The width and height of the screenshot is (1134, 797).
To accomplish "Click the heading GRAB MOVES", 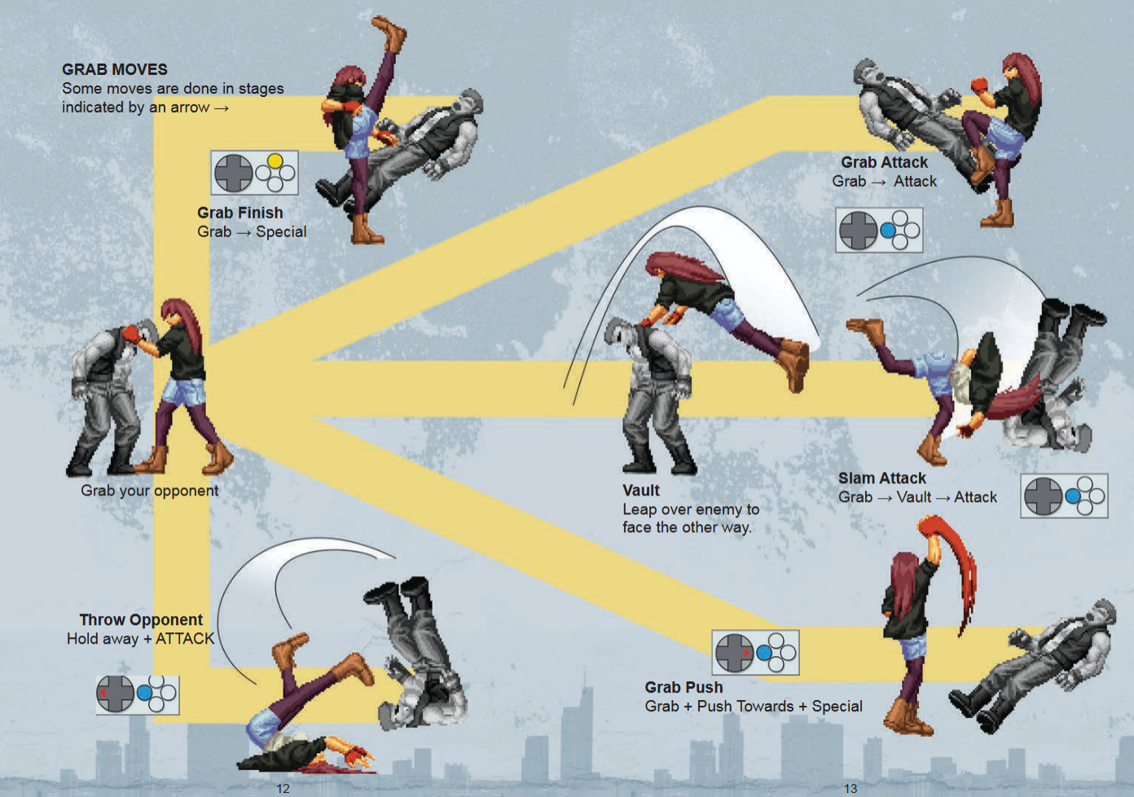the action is pyautogui.click(x=114, y=69).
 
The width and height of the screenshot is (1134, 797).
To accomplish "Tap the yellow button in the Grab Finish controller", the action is pyautogui.click(x=275, y=161).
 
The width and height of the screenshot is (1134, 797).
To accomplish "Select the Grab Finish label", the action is pyautogui.click(x=240, y=213).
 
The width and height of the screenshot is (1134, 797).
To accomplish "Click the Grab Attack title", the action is pyautogui.click(x=885, y=162).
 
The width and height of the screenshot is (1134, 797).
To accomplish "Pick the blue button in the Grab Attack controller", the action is pyautogui.click(x=888, y=231).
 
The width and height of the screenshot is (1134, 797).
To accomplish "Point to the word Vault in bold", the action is pyautogui.click(x=641, y=490).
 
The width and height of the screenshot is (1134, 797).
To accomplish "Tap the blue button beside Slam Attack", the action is pyautogui.click(x=1073, y=495).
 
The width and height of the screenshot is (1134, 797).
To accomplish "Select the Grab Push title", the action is pyautogui.click(x=683, y=687).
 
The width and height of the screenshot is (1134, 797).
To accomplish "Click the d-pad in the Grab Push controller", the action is pyautogui.click(x=735, y=653).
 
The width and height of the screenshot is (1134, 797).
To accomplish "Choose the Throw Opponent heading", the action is pyautogui.click(x=141, y=620).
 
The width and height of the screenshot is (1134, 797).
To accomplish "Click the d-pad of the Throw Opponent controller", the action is pyautogui.click(x=116, y=694).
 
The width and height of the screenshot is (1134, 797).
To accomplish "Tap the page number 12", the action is pyautogui.click(x=283, y=788).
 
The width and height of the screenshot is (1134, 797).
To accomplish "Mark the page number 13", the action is pyautogui.click(x=850, y=788).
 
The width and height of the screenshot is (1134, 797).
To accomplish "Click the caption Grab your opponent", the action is pyautogui.click(x=149, y=491).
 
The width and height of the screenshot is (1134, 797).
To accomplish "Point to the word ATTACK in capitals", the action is pyautogui.click(x=185, y=639).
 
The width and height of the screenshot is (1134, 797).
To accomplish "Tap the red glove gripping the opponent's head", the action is pyautogui.click(x=131, y=333).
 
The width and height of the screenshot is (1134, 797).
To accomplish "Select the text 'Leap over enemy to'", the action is pyautogui.click(x=691, y=509).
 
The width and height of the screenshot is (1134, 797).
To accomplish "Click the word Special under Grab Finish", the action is pyautogui.click(x=281, y=232).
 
